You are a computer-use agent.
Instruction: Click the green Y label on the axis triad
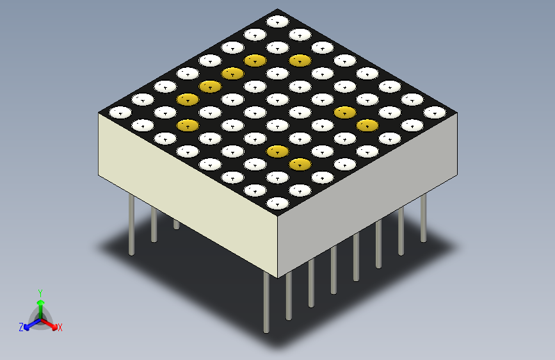(40, 291)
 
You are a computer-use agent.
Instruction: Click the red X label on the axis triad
(60, 328)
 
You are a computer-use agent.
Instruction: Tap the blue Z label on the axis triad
(21, 327)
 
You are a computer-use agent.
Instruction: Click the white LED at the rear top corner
(277, 21)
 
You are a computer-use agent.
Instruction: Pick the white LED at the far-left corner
(120, 112)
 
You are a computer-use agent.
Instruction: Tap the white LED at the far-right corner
(435, 112)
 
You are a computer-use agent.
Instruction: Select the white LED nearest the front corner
(277, 204)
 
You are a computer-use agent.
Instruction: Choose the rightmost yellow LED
(367, 125)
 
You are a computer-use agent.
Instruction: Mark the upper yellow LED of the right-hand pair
(344, 112)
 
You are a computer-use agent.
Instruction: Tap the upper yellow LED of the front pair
(277, 151)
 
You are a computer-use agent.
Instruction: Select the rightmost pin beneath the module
(423, 218)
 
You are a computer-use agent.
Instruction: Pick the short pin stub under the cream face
(176, 224)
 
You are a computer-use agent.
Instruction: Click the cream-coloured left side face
(186, 192)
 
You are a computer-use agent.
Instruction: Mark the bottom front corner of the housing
(278, 277)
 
